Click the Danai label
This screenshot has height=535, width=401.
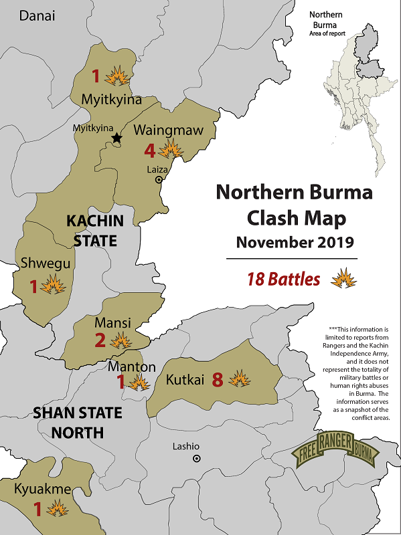point(37,16)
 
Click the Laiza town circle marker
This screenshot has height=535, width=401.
point(159,179)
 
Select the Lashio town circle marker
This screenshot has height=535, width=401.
point(196,458)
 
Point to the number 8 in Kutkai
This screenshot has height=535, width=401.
point(217,380)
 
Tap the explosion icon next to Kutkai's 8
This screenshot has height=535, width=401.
point(239,379)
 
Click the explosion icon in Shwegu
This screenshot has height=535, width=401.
point(52,286)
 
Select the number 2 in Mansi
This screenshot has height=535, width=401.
point(100,341)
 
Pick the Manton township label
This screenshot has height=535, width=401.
point(132,367)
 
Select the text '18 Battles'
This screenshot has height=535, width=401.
point(283,280)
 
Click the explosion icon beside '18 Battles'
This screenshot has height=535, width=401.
point(343,278)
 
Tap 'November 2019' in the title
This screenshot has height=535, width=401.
point(295,242)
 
